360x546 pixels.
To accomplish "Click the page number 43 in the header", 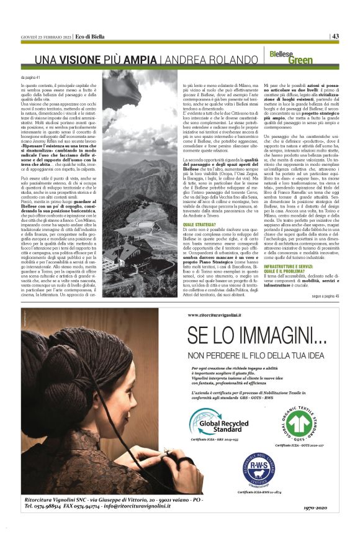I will pos(335,36).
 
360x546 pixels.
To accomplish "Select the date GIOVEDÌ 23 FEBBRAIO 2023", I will pos(45,37).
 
